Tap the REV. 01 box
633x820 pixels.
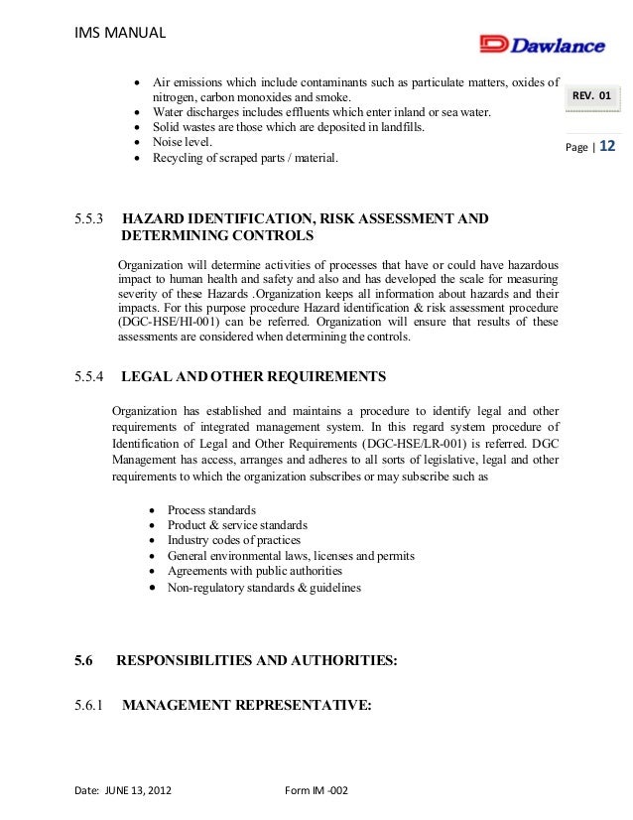pyautogui.click(x=593, y=96)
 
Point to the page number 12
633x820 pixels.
pyautogui.click(x=607, y=146)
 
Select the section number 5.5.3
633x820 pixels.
pyautogui.click(x=93, y=216)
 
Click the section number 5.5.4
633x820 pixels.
pyautogui.click(x=93, y=377)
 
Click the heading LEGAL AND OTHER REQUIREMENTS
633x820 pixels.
pyautogui.click(x=253, y=377)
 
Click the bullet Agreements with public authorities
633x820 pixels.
pyautogui.click(x=255, y=571)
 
